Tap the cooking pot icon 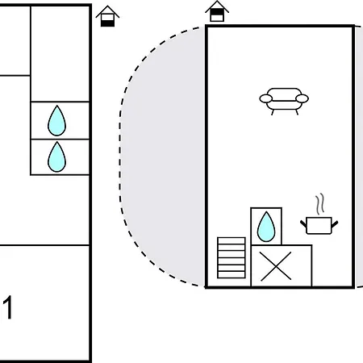[x=319, y=226]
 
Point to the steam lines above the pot [x=319, y=204]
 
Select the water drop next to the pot [x=266, y=227]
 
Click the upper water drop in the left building [x=56, y=121]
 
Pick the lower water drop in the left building [x=56, y=157]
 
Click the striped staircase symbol [x=232, y=257]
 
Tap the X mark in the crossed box [x=276, y=266]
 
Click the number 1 [x=8, y=307]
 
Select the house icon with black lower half [x=107, y=16]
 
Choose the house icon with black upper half [x=217, y=11]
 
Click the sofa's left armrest [x=266, y=98]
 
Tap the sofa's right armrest [x=302, y=98]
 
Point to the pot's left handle [x=303, y=223]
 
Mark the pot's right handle [x=335, y=223]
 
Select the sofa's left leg [x=273, y=112]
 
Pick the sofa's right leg [x=297, y=112]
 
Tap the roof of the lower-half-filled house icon [x=107, y=10]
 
